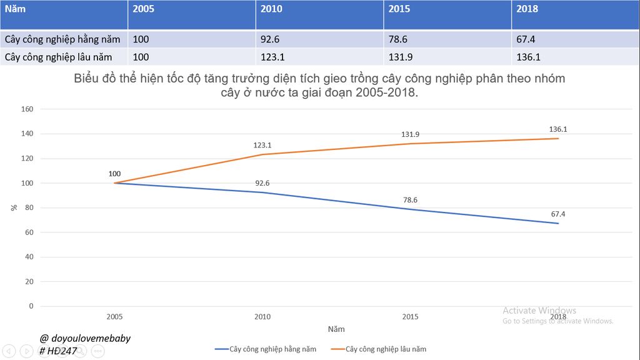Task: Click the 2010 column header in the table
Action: [271, 9]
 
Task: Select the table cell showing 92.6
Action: [270, 39]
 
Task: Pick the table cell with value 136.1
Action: [528, 57]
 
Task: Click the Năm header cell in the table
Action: [16, 9]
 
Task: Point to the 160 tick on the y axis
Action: [27, 109]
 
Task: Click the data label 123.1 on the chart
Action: [262, 145]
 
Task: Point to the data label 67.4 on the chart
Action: [558, 214]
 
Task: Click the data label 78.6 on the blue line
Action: [410, 200]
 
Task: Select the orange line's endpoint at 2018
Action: [558, 138]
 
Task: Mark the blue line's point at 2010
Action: [262, 192]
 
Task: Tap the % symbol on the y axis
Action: [14, 207]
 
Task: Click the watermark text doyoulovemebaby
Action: [91, 338]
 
